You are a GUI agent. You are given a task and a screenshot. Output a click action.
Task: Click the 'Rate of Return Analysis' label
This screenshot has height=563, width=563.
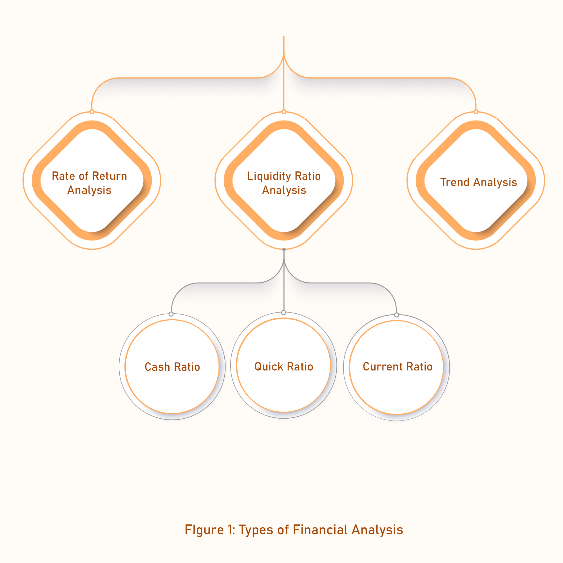coord(90,183)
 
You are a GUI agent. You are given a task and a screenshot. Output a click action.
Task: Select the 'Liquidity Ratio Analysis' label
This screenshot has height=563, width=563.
coord(284,183)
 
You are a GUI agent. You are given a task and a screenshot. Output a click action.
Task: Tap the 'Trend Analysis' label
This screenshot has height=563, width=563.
coord(479,182)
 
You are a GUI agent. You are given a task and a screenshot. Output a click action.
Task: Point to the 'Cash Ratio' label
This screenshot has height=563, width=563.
coord(172,367)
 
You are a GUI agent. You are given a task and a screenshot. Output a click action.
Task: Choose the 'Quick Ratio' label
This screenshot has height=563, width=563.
coord(283,367)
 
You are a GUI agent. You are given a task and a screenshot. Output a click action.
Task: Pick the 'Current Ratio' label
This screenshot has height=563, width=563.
coord(397,367)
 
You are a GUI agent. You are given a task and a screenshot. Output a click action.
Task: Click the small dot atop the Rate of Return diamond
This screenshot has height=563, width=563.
coord(92,111)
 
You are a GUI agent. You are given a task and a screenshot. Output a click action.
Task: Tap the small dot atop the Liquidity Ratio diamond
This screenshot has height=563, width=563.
coord(284,111)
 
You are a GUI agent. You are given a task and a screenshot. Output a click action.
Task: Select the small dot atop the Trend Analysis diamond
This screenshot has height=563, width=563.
coord(476,111)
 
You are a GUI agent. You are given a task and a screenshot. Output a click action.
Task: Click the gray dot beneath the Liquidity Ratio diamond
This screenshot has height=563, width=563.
coord(284,249)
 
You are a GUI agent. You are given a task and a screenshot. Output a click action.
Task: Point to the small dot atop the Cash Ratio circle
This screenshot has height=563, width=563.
coord(171,314)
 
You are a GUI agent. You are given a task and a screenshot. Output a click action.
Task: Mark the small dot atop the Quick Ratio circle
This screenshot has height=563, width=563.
coord(283,312)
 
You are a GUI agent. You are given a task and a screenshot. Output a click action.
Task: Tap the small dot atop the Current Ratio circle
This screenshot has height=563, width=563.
coord(396,315)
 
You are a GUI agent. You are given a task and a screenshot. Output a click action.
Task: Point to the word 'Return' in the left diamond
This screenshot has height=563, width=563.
coord(109,176)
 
